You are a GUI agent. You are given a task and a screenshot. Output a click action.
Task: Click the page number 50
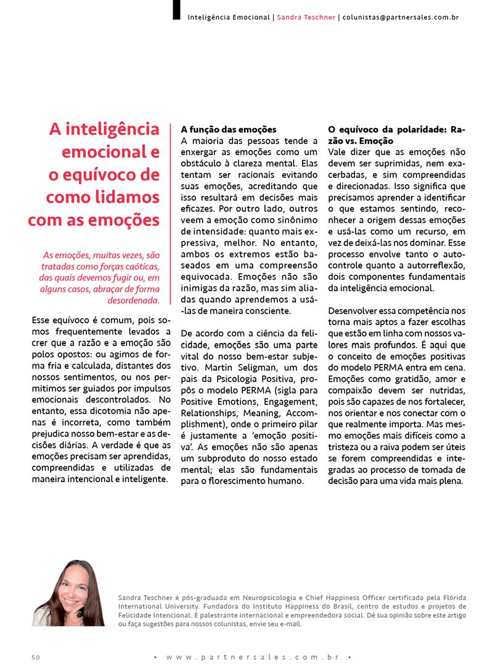pyautogui.click(x=36, y=657)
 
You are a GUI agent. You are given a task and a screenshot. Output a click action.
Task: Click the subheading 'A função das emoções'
pyautogui.click(x=229, y=130)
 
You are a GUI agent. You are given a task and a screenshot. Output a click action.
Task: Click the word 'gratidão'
pyautogui.click(x=406, y=378)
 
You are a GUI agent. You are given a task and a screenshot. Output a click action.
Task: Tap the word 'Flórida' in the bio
pyautogui.click(x=452, y=597)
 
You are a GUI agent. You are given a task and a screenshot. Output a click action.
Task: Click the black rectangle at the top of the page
pyautogui.click(x=177, y=9)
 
